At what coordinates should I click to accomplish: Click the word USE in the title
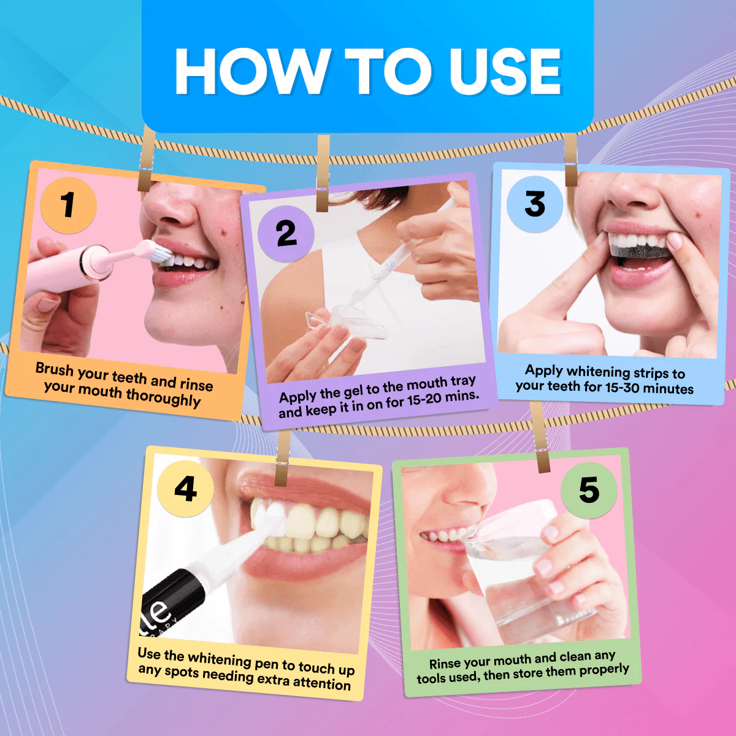pyautogui.click(x=505, y=71)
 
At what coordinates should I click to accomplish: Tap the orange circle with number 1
pyautogui.click(x=68, y=205)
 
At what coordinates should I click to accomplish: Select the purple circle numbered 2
pyautogui.click(x=286, y=234)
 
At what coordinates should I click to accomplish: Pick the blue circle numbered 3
pyautogui.click(x=535, y=204)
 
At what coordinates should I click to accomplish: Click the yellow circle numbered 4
pyautogui.click(x=185, y=488)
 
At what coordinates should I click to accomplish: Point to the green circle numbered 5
pyautogui.click(x=589, y=491)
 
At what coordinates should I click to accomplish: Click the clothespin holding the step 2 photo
pyautogui.click(x=323, y=174)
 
